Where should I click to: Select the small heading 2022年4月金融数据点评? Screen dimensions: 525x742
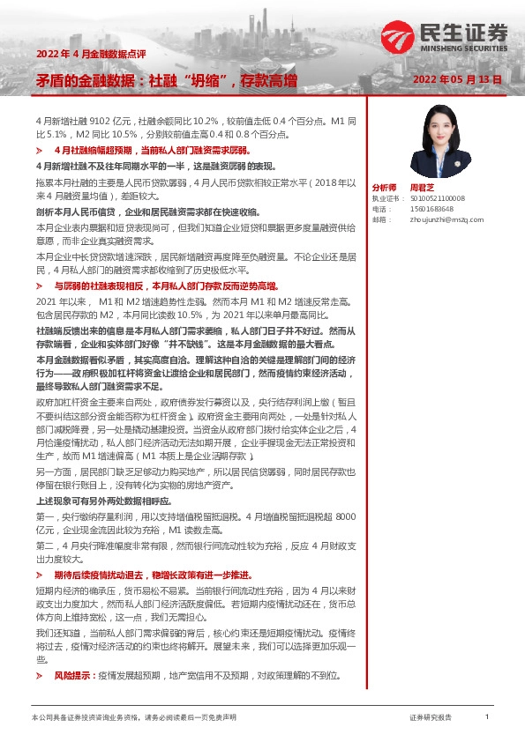pos(80,55)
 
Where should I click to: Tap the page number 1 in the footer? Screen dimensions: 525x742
pos(487,718)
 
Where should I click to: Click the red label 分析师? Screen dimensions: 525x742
pos(384,188)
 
